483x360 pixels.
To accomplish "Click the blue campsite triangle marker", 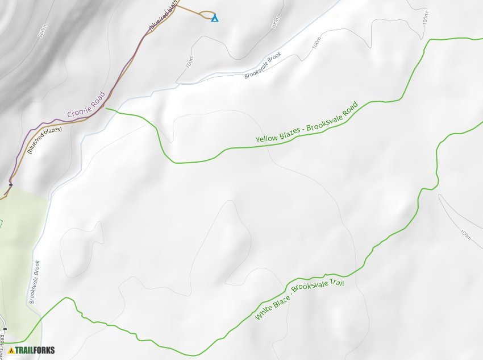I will click(214, 18).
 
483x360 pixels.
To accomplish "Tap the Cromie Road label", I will click(86, 105).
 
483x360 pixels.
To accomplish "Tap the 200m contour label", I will click(43, 32).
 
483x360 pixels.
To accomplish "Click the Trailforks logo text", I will click(35, 350).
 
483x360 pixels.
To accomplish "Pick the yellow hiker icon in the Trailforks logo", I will click(11, 350).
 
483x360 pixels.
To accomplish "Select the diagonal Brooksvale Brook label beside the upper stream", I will click(263, 65).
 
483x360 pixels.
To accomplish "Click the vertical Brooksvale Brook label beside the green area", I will click(34, 282).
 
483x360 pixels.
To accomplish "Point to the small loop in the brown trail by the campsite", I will click(208, 15).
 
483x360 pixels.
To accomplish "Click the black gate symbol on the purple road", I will click(10, 185).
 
